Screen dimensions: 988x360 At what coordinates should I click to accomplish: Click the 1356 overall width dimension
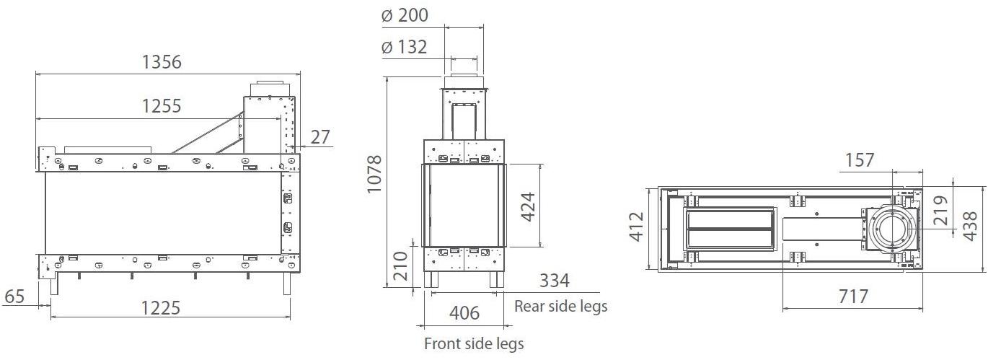162,62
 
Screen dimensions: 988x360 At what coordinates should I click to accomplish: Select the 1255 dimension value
162,106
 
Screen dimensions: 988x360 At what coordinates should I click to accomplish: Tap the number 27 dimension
320,137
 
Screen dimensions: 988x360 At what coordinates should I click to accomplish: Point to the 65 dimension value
14,296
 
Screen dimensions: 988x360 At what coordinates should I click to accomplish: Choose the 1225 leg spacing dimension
161,307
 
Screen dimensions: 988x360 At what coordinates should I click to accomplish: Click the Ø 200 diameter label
405,15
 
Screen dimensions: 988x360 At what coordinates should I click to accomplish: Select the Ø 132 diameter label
404,47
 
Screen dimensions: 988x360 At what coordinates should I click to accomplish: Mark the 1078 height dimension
374,174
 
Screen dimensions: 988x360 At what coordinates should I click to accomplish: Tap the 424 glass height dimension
527,207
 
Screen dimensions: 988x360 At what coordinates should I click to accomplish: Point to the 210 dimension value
400,266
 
